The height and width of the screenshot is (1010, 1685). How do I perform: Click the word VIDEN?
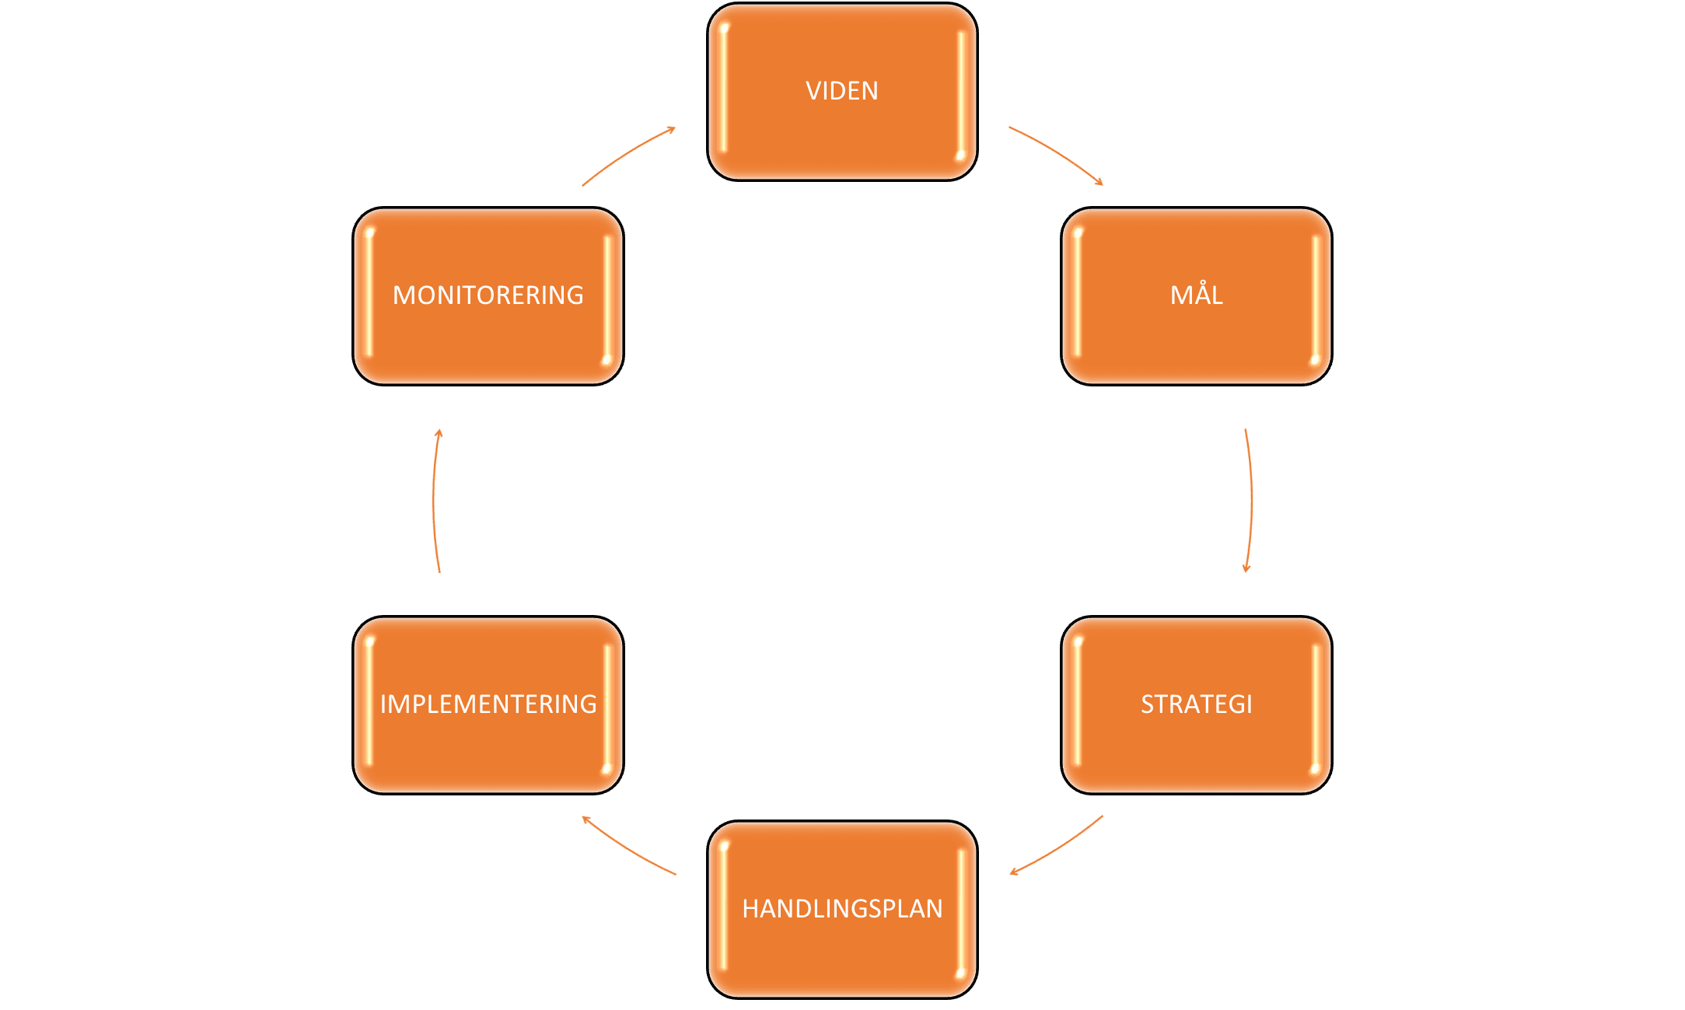[841, 91]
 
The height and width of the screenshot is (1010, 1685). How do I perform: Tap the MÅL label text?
[1196, 295]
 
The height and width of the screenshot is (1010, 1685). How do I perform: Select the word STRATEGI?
[1196, 704]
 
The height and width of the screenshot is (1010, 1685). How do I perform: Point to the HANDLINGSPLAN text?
[842, 909]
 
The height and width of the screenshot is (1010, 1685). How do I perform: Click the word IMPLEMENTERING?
[488, 704]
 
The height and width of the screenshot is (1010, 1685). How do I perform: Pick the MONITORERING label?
[488, 295]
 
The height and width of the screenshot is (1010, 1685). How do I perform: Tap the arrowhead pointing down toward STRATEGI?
[1246, 568]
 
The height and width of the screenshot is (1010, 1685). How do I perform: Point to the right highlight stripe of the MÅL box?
[1316, 295]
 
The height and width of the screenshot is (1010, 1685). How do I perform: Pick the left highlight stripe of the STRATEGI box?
[1078, 704]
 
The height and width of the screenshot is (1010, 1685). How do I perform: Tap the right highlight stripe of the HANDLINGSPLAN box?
[962, 909]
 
